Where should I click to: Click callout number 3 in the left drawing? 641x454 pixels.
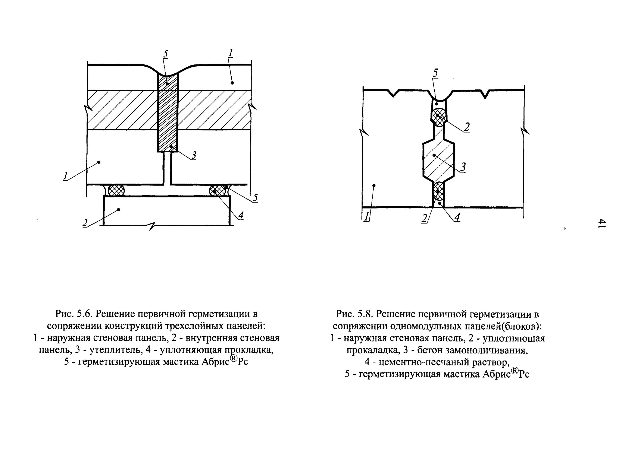tap(193, 155)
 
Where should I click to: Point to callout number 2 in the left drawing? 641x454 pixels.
tap(85, 223)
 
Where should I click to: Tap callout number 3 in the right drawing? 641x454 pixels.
tap(463, 167)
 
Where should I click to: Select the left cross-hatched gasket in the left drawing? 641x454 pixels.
tap(116, 190)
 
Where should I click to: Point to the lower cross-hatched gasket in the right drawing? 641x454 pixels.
tap(438, 191)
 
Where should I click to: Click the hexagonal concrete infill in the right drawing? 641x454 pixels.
tap(438, 161)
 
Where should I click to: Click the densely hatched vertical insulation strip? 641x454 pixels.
tap(167, 115)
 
